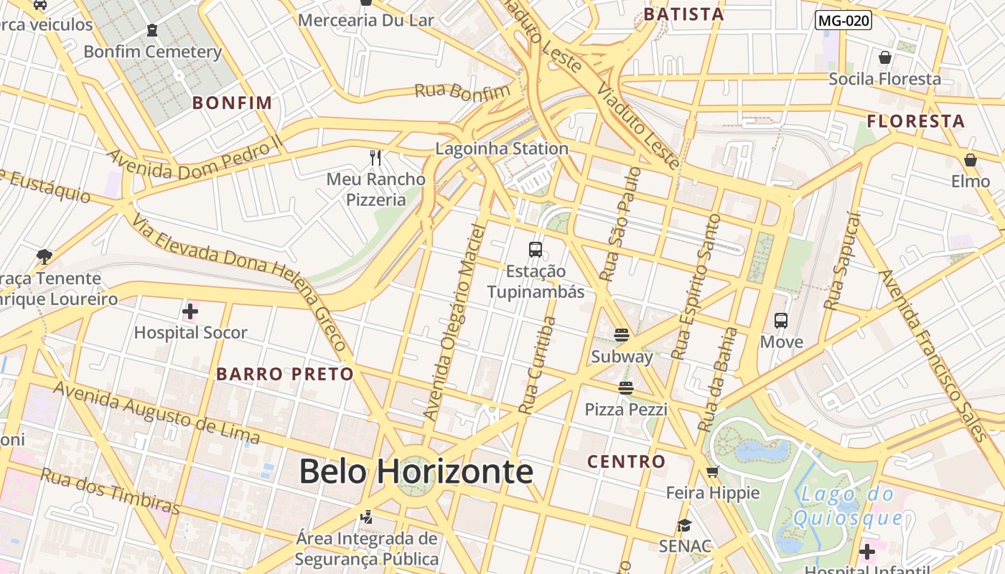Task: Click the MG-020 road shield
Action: [x=843, y=21]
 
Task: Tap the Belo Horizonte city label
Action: [x=416, y=471]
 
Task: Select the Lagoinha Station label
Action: [x=502, y=149]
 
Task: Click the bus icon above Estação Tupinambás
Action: [x=536, y=250]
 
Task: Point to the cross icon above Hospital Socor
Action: [x=190, y=311]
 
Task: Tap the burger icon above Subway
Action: [x=622, y=335]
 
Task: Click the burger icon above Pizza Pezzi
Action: [x=626, y=388]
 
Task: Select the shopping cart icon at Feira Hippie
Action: [x=712, y=472]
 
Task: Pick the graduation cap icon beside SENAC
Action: [x=684, y=525]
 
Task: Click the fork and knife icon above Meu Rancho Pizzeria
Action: [x=375, y=157]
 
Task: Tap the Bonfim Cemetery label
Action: [x=152, y=52]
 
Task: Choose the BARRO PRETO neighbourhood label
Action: [x=285, y=374]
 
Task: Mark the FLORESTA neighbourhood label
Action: [x=915, y=121]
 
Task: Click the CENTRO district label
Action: [x=626, y=461]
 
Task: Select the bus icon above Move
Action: [x=781, y=321]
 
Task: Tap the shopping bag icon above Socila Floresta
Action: [x=885, y=57]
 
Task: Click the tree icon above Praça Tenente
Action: [x=45, y=257]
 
